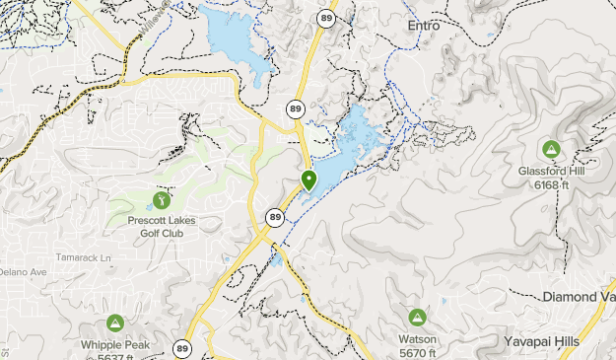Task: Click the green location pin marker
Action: click(x=308, y=180)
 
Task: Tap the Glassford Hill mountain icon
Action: click(x=550, y=150)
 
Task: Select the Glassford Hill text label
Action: click(x=550, y=170)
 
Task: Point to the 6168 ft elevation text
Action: click(x=552, y=184)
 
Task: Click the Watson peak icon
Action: click(x=417, y=318)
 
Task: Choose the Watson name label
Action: click(x=417, y=337)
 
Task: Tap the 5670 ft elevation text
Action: click(x=419, y=352)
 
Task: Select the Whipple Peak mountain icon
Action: click(x=115, y=324)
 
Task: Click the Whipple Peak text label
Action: click(x=115, y=343)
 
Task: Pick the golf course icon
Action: click(x=162, y=201)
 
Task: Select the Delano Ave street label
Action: click(x=22, y=271)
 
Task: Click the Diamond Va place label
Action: click(x=579, y=297)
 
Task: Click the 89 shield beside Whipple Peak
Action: click(x=182, y=347)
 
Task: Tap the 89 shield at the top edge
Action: click(x=325, y=17)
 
